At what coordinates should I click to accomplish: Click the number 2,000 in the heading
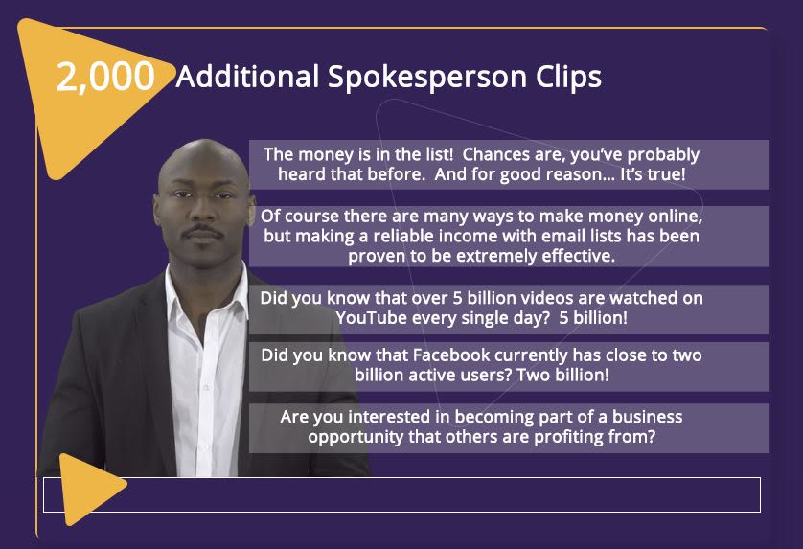105,77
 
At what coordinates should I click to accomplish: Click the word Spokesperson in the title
427,77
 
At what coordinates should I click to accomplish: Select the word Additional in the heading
247,77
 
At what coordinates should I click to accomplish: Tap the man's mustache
203,231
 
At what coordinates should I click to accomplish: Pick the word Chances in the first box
495,154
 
